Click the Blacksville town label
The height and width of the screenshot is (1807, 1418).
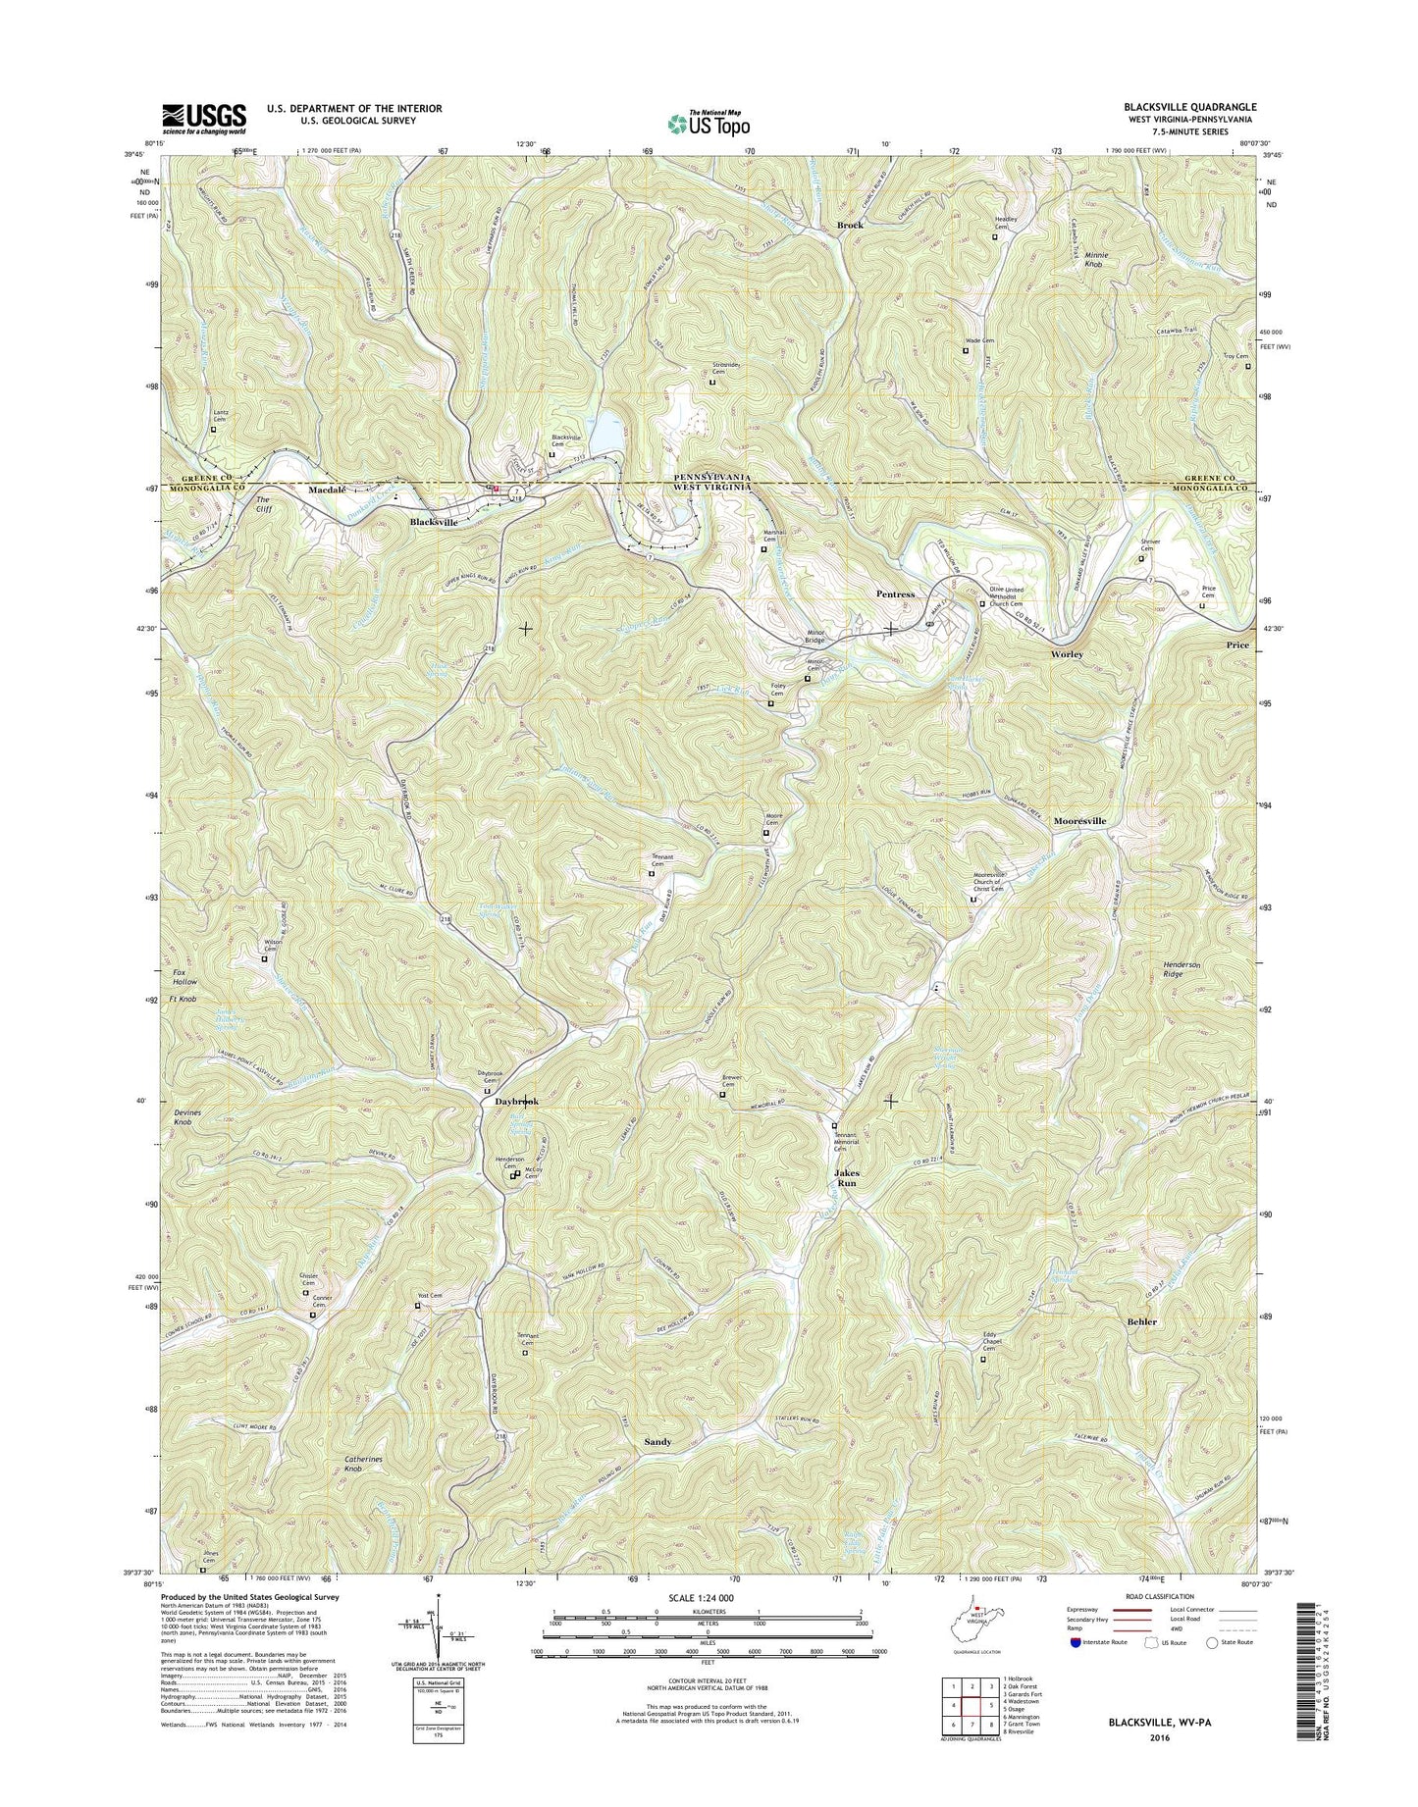(x=433, y=523)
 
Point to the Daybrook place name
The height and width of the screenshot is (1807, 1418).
(x=516, y=1102)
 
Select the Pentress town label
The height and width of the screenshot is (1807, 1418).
(x=895, y=594)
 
